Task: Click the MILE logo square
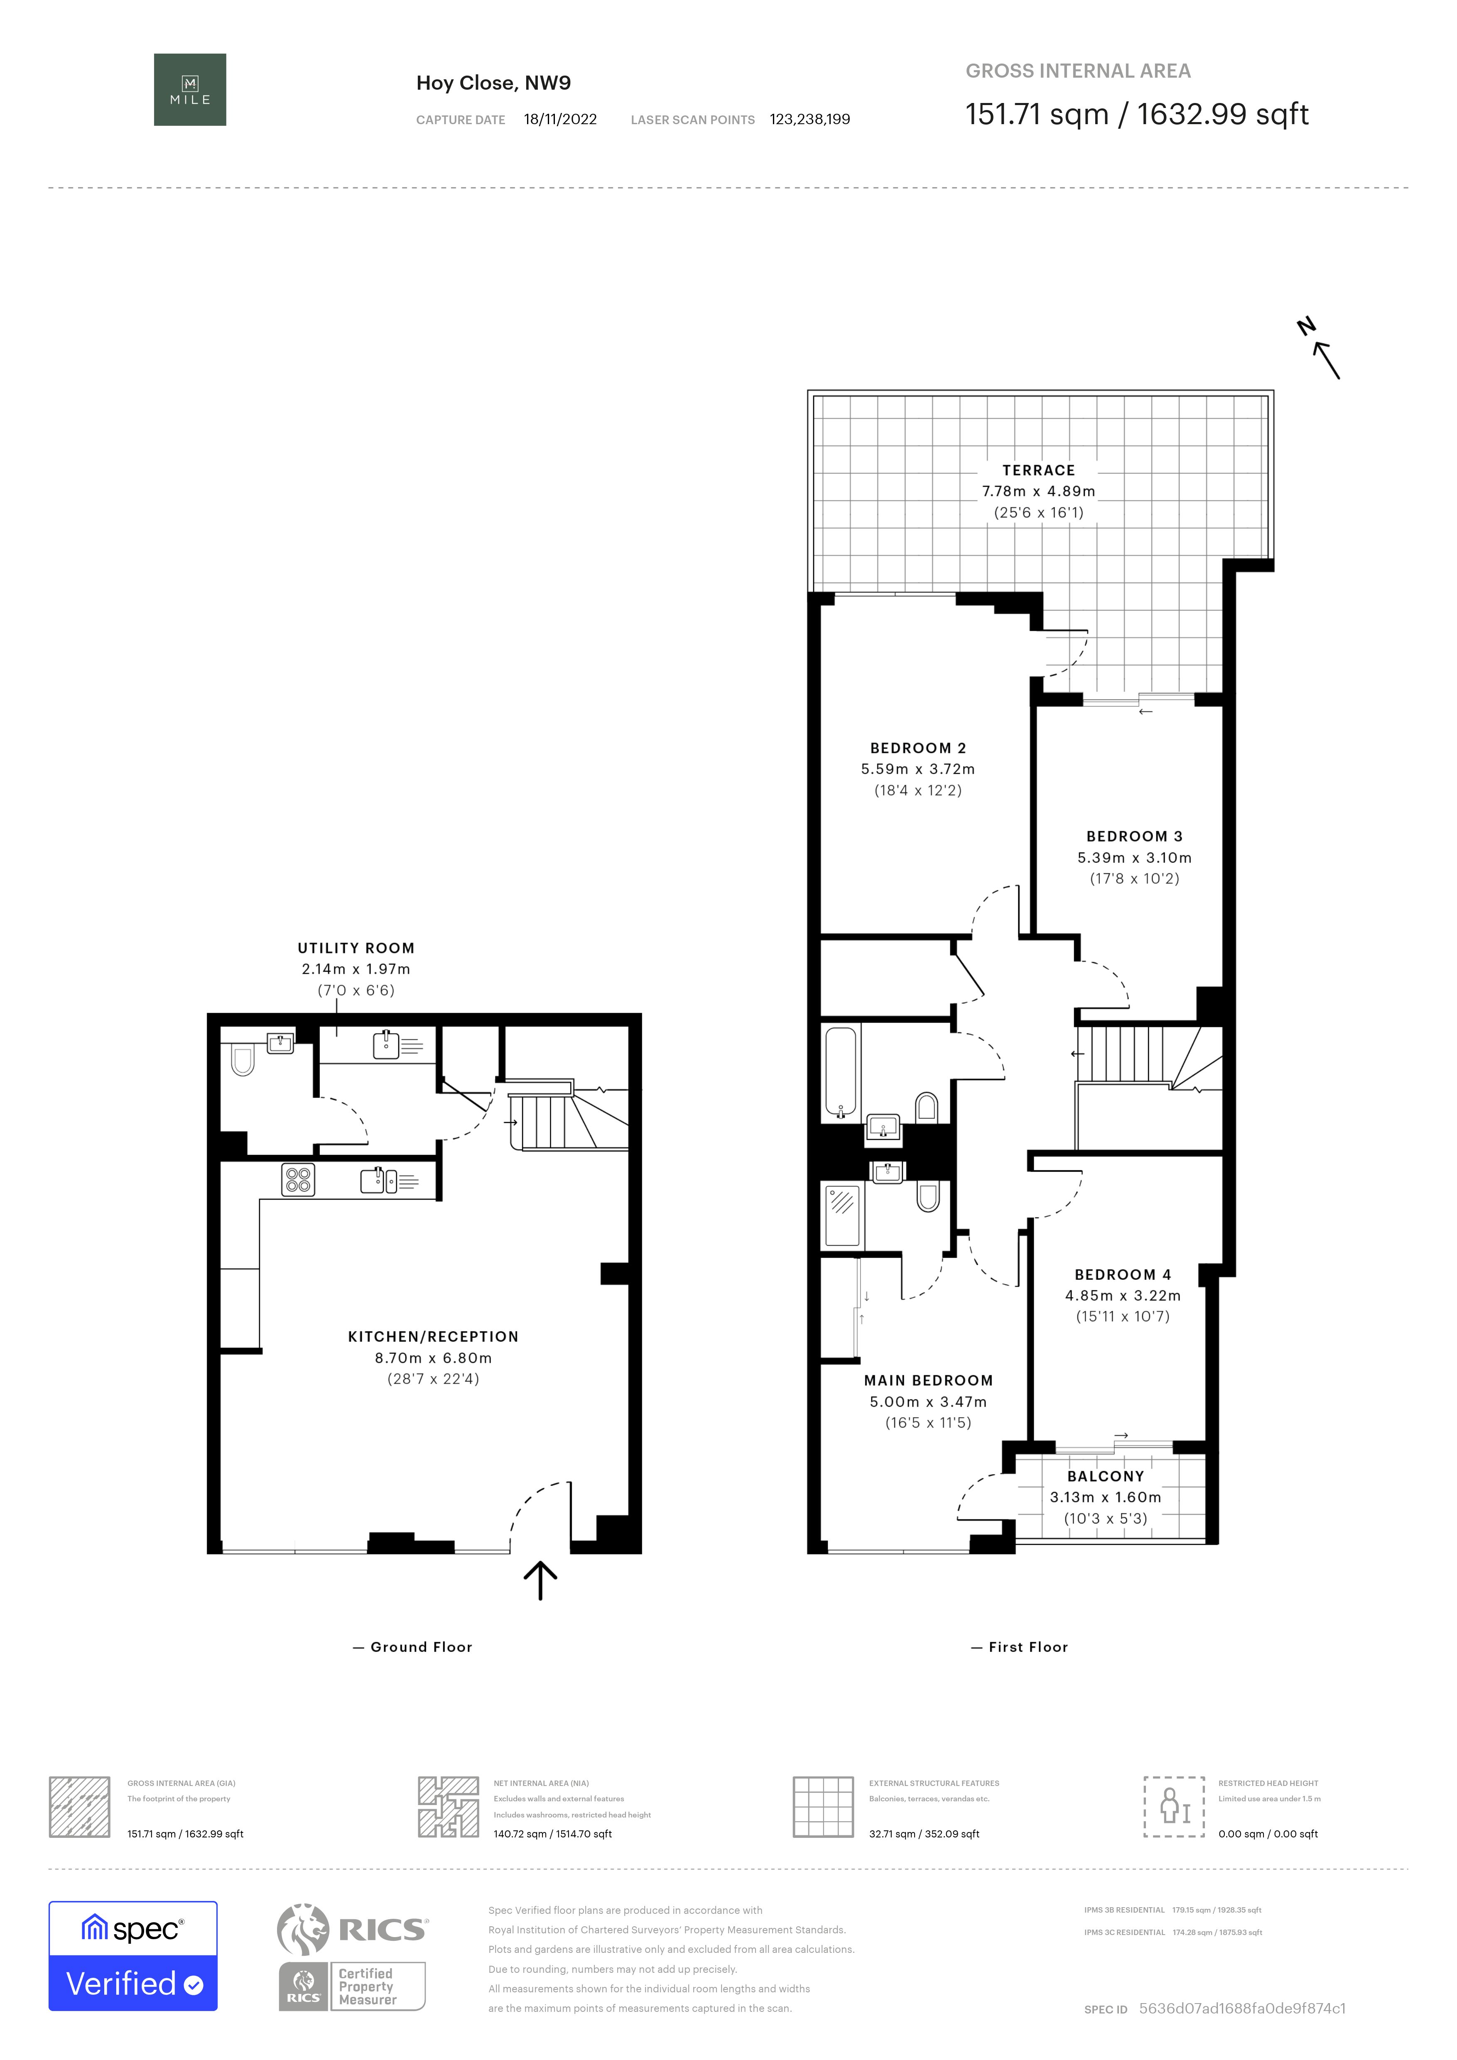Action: point(190,90)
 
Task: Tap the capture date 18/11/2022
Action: point(561,119)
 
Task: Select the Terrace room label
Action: point(1039,470)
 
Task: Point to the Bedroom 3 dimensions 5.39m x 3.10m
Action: point(1135,858)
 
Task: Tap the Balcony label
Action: point(1106,1476)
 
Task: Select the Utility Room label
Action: point(356,948)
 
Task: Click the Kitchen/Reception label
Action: point(433,1337)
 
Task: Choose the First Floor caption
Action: point(1028,1647)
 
